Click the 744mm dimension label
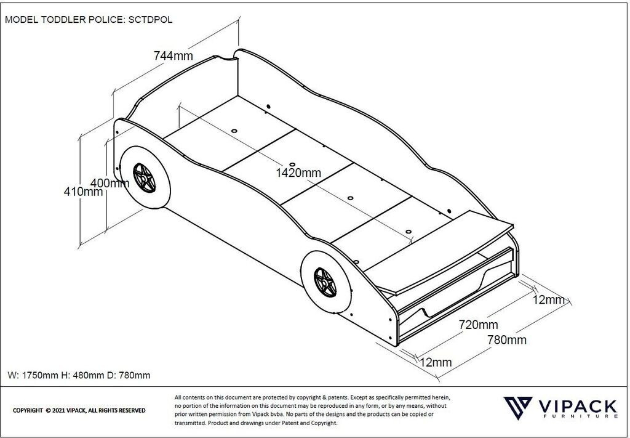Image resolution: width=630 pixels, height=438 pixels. pos(173,56)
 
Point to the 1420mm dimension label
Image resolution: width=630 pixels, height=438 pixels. pos(298,173)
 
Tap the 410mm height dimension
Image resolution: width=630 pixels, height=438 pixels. pos(83,192)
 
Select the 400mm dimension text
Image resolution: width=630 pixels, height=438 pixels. pos(110,183)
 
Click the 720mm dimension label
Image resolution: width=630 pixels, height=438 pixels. pos(479,325)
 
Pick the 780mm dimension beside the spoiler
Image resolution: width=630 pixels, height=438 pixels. pos(506,339)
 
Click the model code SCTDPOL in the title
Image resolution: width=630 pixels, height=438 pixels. pos(150,19)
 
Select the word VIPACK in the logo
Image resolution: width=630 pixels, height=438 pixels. pos(576,407)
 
